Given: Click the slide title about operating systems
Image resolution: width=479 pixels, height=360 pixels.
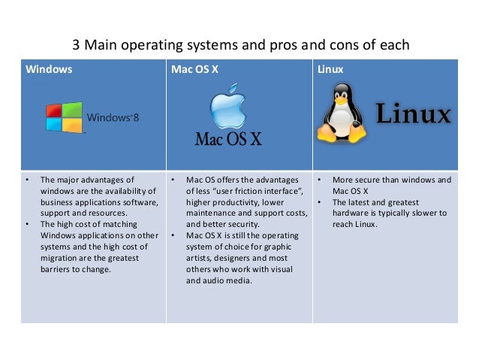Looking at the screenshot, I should point(240,44).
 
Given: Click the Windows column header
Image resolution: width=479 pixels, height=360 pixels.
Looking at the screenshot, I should point(50,70).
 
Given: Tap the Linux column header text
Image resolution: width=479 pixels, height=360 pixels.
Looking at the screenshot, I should point(330,70).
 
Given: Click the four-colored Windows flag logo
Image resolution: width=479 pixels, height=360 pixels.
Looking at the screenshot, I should point(65,117).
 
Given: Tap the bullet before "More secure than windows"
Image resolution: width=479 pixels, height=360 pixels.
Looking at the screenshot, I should point(319,180).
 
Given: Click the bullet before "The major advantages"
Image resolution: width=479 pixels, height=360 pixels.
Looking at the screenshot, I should point(27,180).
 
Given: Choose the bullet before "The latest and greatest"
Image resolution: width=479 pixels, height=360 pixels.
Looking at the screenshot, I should point(319,202).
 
